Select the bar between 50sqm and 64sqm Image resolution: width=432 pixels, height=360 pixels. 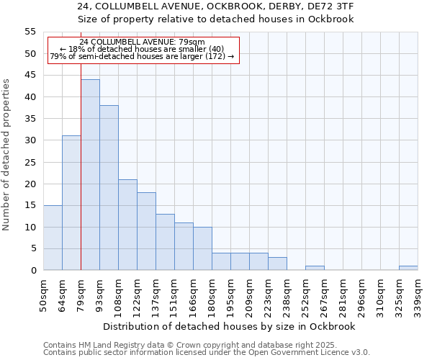point(53,238)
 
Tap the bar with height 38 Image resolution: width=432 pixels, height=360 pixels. point(109,188)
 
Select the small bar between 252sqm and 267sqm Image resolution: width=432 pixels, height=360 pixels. point(315,268)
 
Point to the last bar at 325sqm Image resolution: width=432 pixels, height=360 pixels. point(408,268)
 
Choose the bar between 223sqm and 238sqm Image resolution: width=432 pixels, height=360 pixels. point(277,264)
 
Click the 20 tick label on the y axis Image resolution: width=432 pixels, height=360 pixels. point(30,184)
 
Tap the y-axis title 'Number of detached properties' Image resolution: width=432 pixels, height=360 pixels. point(7,155)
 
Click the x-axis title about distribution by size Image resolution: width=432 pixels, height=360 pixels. point(230,326)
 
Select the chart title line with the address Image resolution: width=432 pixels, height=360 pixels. point(215,6)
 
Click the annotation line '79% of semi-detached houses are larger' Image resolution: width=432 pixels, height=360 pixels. point(142,56)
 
